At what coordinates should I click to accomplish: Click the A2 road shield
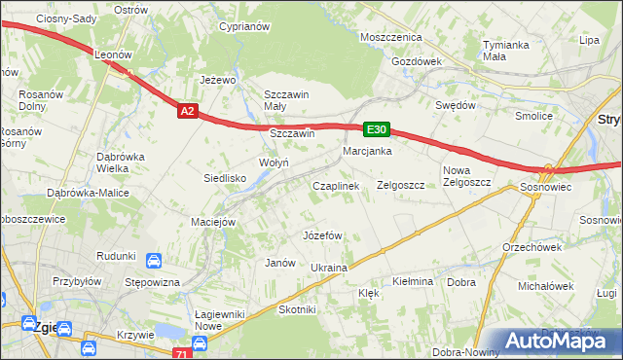tap(189, 112)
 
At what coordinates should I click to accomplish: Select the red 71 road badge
tap(179, 355)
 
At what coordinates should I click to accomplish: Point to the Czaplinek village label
tap(336, 185)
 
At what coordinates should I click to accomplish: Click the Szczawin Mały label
tap(287, 100)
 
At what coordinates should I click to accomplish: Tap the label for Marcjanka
tap(367, 152)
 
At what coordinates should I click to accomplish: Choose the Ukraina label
tap(329, 267)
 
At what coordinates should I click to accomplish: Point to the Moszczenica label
tap(390, 36)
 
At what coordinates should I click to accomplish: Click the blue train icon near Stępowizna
tap(154, 261)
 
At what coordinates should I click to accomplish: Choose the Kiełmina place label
tap(412, 281)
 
